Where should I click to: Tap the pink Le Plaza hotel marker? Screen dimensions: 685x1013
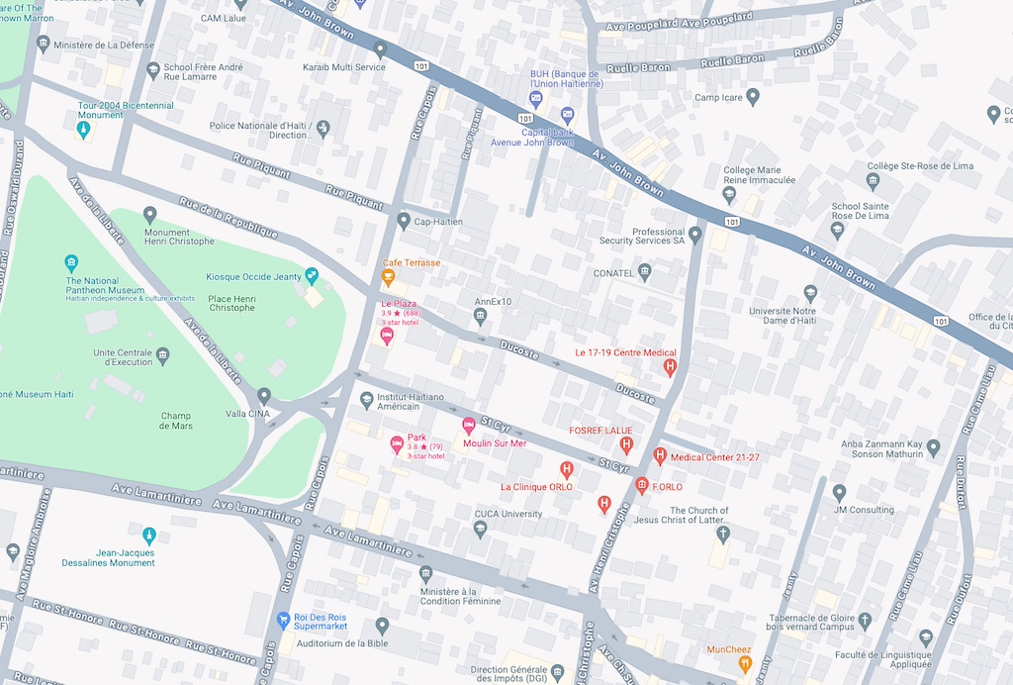387,336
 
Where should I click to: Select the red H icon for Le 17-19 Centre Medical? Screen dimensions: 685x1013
670,367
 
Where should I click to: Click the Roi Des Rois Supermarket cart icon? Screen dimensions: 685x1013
284,620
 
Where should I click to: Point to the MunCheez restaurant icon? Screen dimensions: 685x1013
745,664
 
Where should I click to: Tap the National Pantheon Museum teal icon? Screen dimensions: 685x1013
71,263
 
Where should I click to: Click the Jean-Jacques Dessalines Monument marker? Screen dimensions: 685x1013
149,536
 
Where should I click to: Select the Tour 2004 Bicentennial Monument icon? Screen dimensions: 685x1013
84,130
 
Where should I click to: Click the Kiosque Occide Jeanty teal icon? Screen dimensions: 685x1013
313,275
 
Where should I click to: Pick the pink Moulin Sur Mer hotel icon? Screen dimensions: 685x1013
469,426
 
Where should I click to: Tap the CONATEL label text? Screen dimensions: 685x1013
614,273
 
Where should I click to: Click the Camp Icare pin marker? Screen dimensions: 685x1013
753,97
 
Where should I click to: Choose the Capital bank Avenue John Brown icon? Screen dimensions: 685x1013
568,115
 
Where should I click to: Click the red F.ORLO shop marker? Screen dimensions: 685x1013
641,486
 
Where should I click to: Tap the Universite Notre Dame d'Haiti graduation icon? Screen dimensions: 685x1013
811,293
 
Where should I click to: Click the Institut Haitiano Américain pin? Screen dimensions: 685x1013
367,400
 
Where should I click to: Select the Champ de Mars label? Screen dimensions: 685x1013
178,421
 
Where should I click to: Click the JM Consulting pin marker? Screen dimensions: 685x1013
839,492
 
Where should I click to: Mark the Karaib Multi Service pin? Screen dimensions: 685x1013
379,49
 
